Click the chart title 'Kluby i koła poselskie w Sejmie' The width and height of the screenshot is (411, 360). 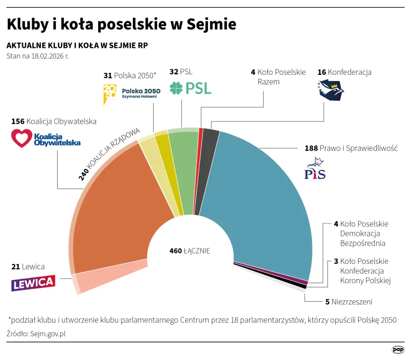(121, 24)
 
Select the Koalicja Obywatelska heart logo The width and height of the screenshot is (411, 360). (22, 139)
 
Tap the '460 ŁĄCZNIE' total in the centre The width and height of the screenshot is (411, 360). (189, 251)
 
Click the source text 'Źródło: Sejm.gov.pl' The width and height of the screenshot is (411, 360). (36, 334)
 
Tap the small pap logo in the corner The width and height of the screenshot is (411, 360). (398, 350)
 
